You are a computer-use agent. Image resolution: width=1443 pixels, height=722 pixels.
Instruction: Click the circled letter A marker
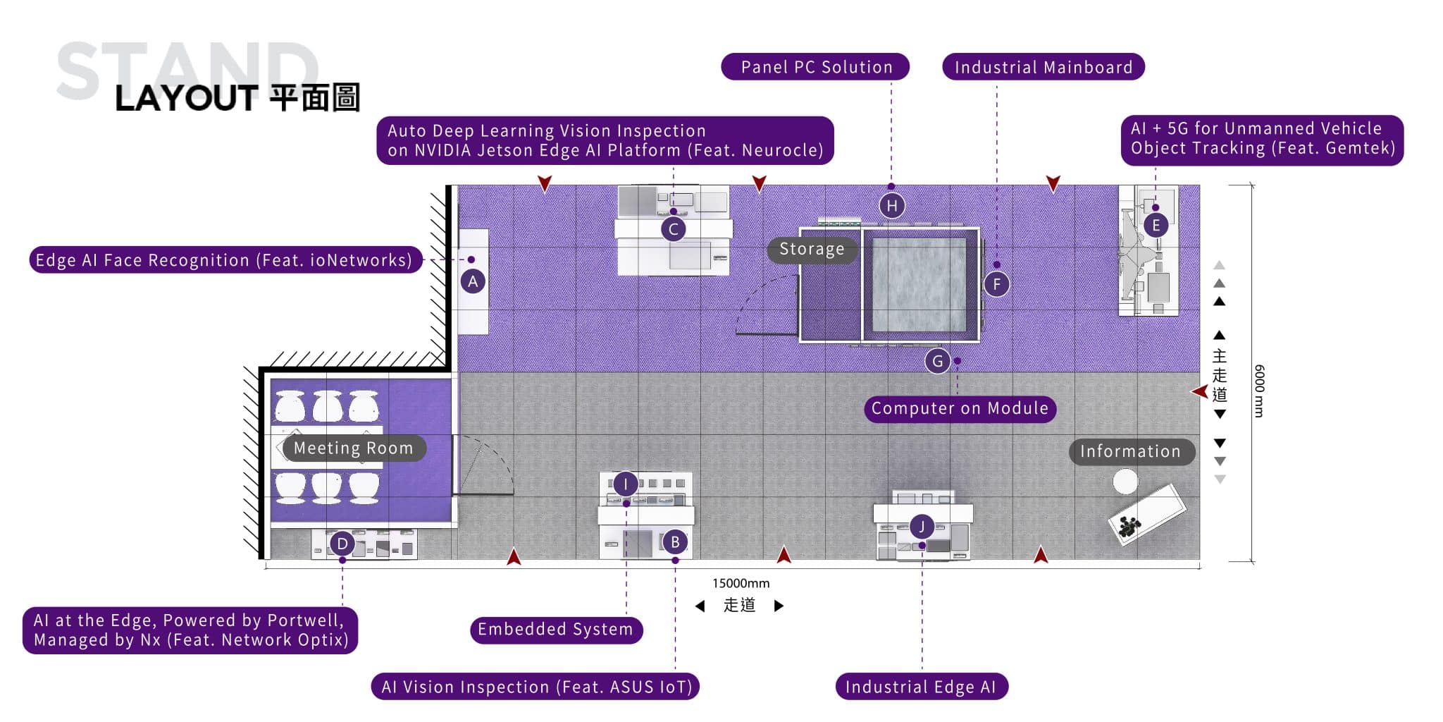(473, 282)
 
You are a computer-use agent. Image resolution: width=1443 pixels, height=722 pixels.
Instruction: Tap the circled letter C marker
(674, 229)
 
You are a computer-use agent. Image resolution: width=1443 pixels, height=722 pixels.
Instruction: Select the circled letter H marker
(892, 206)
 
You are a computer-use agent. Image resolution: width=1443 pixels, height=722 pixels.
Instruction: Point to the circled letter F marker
(996, 285)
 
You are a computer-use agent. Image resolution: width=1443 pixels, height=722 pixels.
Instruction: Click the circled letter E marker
(1156, 226)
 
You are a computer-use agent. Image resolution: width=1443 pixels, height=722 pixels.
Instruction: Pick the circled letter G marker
(938, 362)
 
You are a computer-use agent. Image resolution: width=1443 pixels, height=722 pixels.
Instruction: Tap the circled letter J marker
(922, 526)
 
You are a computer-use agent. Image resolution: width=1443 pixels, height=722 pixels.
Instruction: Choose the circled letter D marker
(342, 544)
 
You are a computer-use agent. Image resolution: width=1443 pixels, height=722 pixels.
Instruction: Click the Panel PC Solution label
(815, 67)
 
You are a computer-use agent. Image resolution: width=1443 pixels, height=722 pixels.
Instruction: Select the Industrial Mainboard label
(1043, 67)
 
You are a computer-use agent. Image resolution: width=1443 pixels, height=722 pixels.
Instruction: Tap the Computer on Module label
(960, 408)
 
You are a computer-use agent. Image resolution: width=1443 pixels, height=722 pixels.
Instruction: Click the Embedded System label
(556, 629)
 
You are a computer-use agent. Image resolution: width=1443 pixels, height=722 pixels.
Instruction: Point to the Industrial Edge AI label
(922, 687)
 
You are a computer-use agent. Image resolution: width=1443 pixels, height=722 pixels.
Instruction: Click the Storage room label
(812, 250)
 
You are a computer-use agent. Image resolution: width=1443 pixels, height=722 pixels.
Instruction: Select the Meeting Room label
(353, 448)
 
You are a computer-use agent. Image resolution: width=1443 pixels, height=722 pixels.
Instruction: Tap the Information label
(1131, 452)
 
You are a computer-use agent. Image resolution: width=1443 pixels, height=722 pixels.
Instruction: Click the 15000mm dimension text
(741, 584)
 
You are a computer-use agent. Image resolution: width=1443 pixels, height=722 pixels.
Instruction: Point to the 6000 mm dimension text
(1259, 391)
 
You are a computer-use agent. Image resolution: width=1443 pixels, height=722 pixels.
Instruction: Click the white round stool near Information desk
(1125, 482)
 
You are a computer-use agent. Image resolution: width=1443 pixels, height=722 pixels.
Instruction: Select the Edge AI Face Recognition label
(225, 260)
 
